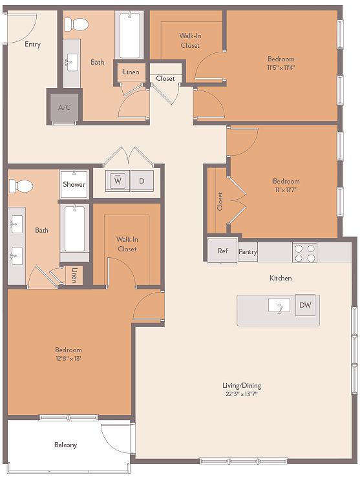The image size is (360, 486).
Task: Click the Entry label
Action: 32,45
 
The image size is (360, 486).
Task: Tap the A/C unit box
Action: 65,107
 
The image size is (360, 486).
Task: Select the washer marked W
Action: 118,181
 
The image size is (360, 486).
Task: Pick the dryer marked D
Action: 142,181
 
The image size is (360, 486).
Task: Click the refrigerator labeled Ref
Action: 222,251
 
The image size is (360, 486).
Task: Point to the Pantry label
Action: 248,251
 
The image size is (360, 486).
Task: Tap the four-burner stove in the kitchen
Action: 304,253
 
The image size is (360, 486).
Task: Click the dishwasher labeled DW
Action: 305,305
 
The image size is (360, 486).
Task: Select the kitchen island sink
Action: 279,305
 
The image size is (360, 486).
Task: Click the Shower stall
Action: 74,184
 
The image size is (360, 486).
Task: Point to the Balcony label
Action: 65,445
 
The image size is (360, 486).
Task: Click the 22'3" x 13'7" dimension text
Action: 242,394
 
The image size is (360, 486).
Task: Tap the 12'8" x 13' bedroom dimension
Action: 68,359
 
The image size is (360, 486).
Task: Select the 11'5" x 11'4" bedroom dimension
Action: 281,67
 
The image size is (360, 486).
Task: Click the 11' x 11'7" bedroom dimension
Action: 286,189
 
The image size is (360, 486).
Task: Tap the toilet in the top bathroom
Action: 76,24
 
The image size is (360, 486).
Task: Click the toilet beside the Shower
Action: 21,186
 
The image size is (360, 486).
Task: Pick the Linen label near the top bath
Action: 131,72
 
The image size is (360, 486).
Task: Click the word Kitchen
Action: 281,278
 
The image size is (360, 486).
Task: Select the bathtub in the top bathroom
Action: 129,35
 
